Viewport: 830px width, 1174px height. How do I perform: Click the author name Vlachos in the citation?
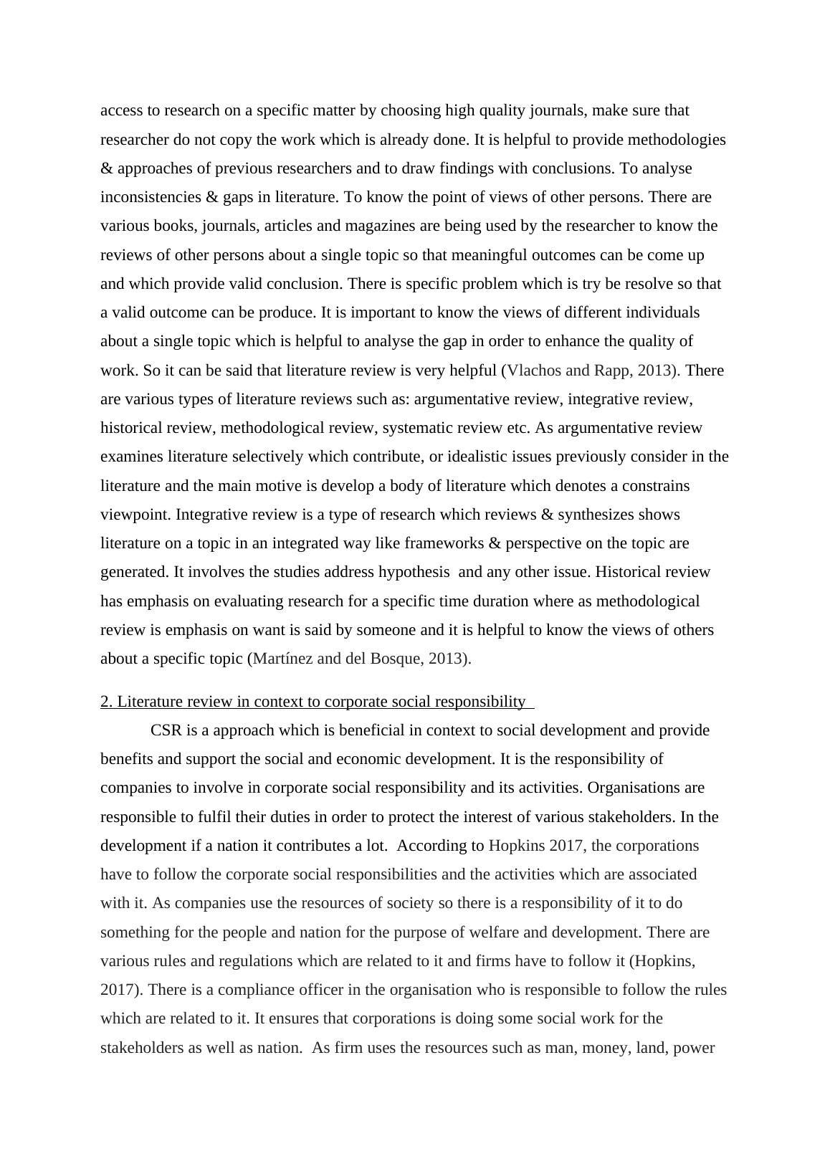[533, 371]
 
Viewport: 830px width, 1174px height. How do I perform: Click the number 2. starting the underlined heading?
[107, 702]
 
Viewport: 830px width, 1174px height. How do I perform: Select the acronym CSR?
[167, 730]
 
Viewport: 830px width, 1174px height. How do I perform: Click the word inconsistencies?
[148, 197]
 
